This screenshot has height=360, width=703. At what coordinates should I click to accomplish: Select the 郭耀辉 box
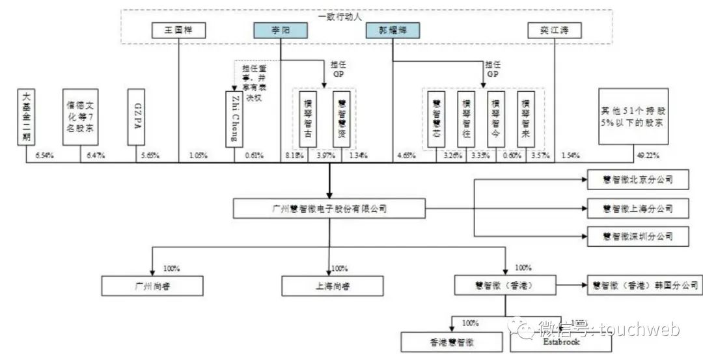(393, 31)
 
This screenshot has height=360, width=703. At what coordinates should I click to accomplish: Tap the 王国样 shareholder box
(178, 31)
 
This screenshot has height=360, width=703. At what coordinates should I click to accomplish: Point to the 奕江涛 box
(553, 31)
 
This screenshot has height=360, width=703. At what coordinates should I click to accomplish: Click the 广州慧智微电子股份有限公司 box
(329, 209)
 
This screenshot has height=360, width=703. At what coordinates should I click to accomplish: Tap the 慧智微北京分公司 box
(637, 179)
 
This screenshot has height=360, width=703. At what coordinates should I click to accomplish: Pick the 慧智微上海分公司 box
(637, 209)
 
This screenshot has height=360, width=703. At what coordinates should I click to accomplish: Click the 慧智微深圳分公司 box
(637, 236)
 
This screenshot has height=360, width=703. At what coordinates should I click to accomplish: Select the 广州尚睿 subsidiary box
(152, 286)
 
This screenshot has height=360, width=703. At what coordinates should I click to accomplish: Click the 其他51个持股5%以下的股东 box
(633, 117)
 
